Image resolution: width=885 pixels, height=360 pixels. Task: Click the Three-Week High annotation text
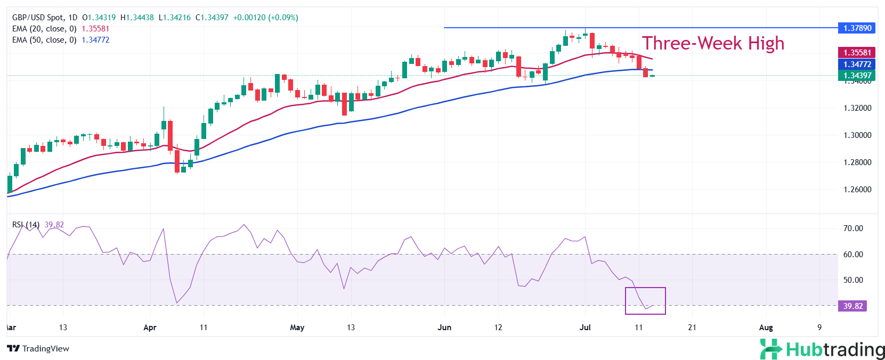713,43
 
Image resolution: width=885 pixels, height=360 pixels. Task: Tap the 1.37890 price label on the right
857,28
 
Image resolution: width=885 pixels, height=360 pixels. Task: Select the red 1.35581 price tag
857,53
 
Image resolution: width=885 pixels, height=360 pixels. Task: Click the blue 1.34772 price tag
857,64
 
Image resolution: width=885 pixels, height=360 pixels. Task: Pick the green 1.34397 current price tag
857,76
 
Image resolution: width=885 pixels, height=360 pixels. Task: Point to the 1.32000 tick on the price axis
857,108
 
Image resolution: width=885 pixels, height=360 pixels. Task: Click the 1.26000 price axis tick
857,190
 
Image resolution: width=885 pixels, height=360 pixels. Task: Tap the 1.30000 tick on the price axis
857,135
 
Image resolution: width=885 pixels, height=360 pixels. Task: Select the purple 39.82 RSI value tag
852,306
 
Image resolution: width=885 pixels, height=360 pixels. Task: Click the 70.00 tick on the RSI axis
853,228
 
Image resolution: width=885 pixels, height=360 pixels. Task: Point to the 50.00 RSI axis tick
853,280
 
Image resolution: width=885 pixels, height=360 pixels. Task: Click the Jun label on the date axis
444,328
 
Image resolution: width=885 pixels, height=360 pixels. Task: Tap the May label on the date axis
297,328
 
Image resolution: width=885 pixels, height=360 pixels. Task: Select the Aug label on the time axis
766,328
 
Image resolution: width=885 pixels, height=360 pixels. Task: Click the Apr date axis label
150,328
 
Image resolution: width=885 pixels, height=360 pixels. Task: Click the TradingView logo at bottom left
38,349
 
